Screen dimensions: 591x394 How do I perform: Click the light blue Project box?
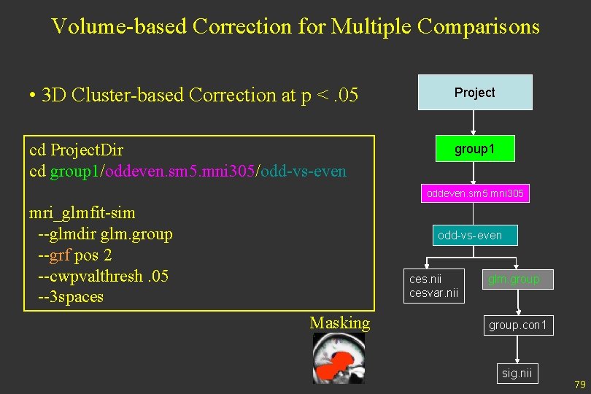tap(474, 93)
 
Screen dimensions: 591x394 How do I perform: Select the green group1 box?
tap(474, 149)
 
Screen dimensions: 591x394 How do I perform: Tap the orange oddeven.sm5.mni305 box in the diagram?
tap(474, 194)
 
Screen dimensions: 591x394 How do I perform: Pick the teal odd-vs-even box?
tap(469, 235)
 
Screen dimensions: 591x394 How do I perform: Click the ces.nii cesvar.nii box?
tap(434, 286)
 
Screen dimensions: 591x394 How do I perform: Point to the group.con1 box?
tap(517, 325)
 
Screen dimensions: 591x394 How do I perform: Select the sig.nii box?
tap(517, 374)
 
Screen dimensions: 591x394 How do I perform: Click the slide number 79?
tap(580, 384)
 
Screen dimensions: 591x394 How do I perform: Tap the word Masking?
tap(339, 323)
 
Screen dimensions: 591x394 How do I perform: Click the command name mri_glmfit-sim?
tap(82, 213)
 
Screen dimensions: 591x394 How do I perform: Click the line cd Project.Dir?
tap(76, 150)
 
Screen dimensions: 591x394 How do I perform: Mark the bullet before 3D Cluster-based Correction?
tap(33, 96)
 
